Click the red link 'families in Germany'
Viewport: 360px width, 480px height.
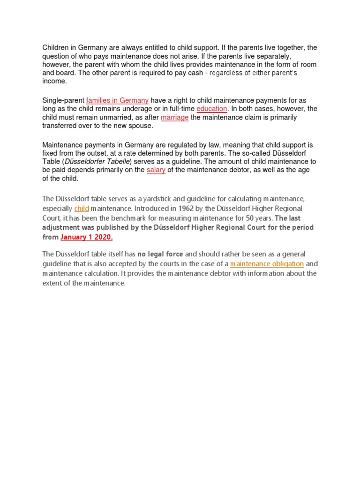coord(117,100)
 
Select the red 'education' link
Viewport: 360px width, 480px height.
coord(212,109)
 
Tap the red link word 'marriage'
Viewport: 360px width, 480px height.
coord(174,117)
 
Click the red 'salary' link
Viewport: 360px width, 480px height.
coord(156,170)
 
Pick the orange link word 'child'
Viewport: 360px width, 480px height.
coord(82,208)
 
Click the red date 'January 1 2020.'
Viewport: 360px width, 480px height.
coord(87,237)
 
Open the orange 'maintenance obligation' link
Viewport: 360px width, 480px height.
coord(267,264)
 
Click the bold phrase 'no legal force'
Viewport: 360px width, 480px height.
coord(160,255)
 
